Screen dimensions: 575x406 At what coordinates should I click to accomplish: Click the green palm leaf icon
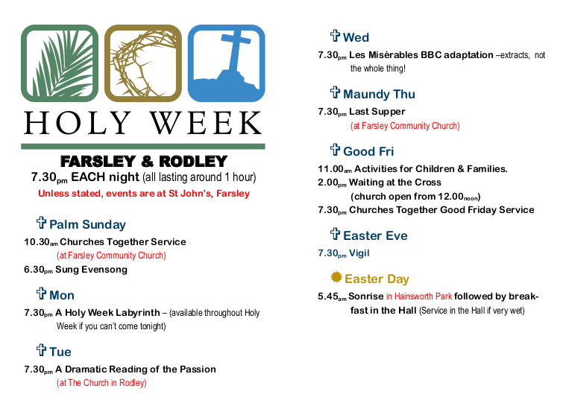[60, 63]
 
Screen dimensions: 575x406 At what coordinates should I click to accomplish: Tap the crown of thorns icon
[143, 63]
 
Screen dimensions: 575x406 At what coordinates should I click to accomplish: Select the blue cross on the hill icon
[226, 63]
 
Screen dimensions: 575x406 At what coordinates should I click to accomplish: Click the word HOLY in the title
[78, 123]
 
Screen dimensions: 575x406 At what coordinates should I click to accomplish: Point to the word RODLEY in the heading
[193, 161]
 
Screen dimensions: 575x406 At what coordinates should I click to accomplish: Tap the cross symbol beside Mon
[41, 294]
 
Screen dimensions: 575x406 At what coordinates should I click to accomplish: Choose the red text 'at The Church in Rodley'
[101, 383]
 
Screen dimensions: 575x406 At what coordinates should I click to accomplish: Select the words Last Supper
[377, 112]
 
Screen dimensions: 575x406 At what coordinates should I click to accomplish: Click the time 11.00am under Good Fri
[335, 169]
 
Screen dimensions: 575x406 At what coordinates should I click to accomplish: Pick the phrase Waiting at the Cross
[395, 183]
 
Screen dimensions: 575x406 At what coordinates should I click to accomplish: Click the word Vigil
[359, 253]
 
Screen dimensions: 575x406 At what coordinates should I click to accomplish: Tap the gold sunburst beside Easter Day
[336, 277]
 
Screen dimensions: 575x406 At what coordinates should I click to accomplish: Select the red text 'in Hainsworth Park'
[419, 296]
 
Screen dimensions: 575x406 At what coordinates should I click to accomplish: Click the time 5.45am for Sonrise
[332, 296]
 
